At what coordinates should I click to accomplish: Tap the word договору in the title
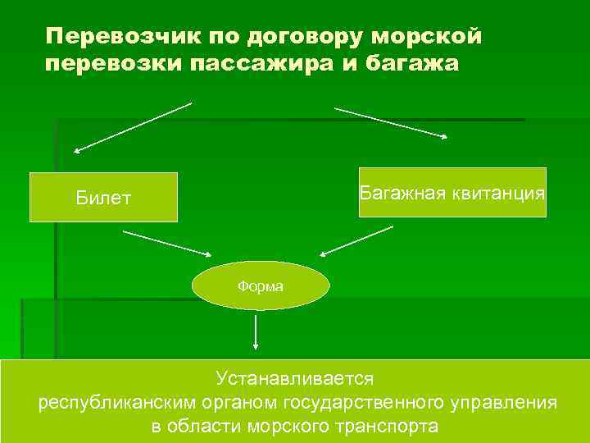pos(294,37)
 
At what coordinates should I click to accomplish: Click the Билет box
pos(103,198)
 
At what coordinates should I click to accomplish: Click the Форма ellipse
pos(261,286)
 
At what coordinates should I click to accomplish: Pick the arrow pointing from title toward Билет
pos(133,127)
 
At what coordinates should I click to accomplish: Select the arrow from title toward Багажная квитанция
pos(392,122)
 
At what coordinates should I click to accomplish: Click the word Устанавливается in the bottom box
pos(295,379)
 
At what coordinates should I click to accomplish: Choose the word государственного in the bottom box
pos(365,403)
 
